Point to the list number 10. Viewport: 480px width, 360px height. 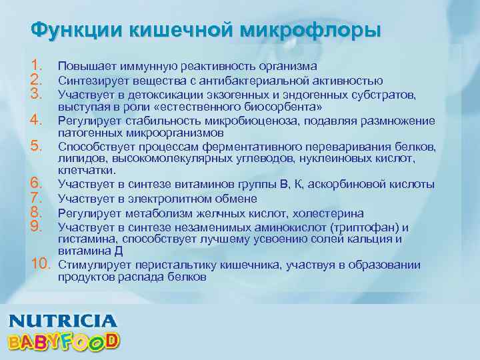pos(41,265)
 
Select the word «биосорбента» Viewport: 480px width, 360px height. pos(280,107)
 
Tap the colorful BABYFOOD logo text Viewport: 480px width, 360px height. pos(64,341)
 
